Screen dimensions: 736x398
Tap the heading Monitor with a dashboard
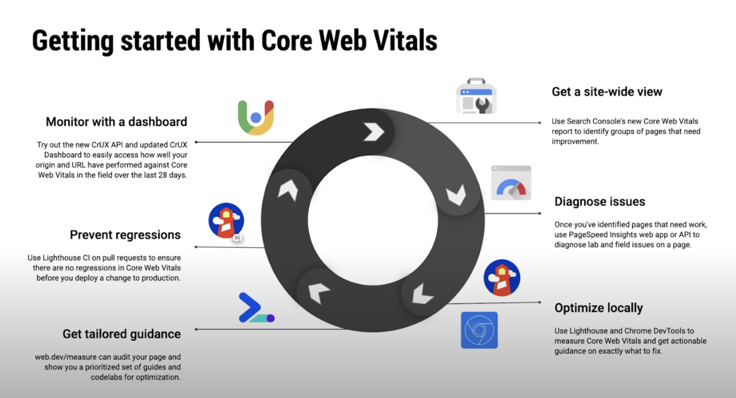(117, 122)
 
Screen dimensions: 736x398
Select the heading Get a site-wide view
(607, 92)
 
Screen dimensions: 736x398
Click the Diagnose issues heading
(600, 201)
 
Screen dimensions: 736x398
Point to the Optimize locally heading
(599, 308)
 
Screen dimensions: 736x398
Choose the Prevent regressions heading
(125, 235)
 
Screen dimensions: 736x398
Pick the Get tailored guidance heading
(121, 334)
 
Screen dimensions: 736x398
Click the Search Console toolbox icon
(476, 96)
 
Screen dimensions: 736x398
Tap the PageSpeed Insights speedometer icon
(511, 182)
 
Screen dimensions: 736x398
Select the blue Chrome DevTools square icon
(479, 330)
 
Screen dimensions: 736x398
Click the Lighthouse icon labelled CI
(226, 221)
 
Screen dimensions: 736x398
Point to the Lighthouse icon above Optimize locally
(502, 278)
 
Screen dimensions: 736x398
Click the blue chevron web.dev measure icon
(256, 308)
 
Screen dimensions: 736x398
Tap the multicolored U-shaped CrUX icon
(256, 117)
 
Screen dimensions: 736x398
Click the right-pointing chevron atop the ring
(374, 132)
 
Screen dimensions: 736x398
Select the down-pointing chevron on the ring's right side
(456, 195)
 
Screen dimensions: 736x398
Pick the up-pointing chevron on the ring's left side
(288, 190)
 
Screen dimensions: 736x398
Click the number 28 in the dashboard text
(163, 175)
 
